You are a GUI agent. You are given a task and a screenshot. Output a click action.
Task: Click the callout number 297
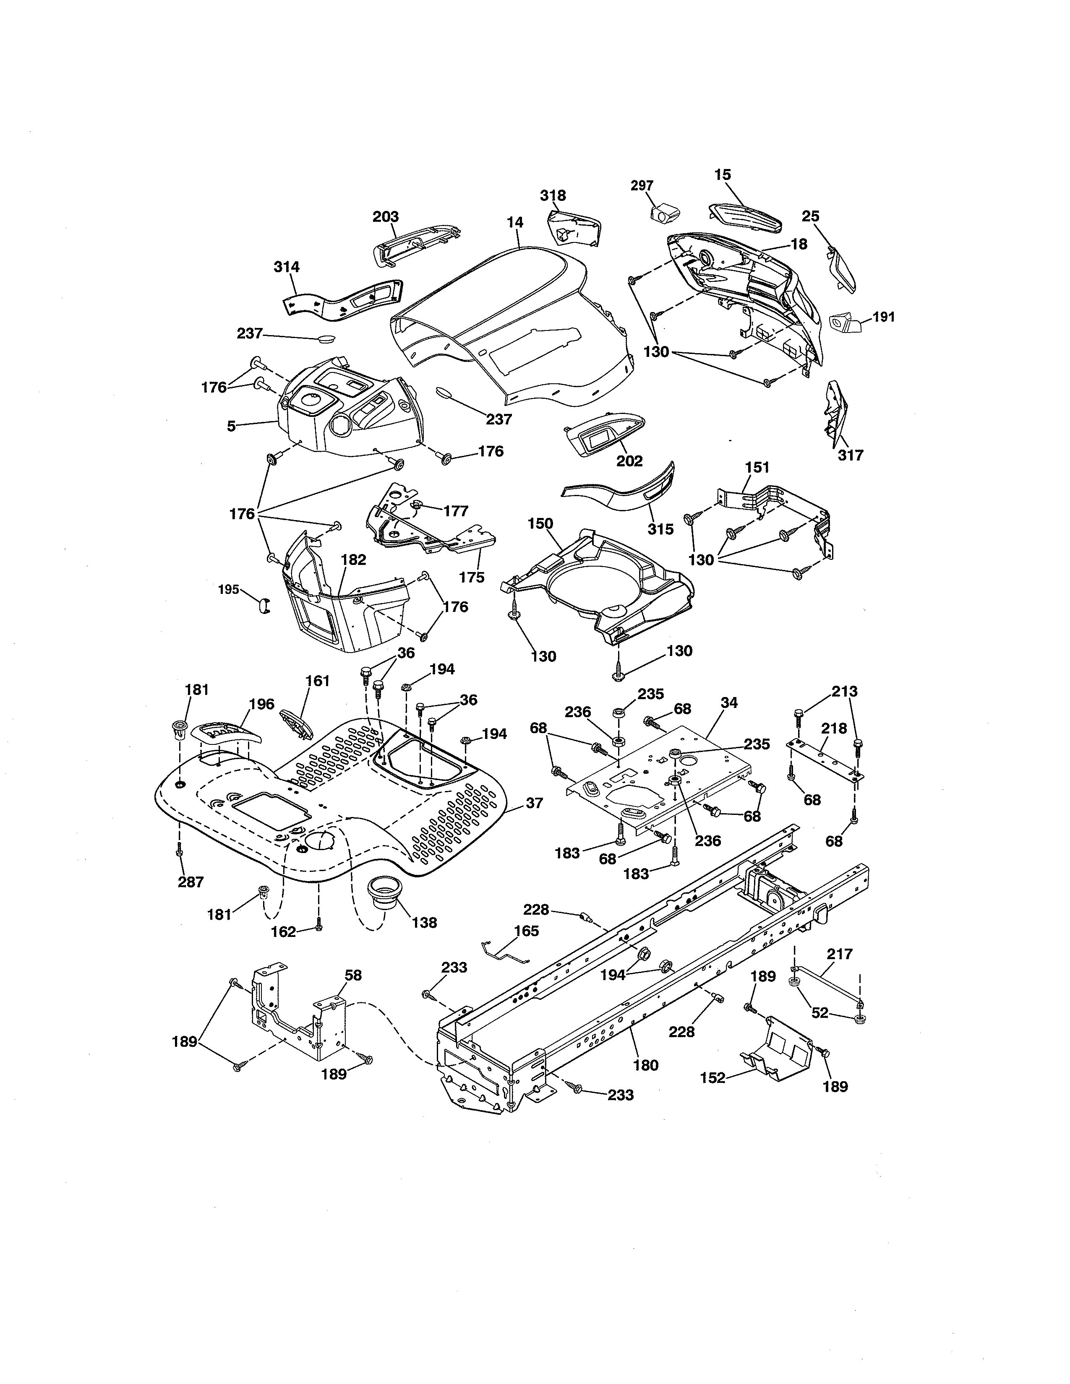click(642, 186)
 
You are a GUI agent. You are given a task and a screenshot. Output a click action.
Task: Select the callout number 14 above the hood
click(515, 222)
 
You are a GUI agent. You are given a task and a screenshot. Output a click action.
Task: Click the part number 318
click(553, 196)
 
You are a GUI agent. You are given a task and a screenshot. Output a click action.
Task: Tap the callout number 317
click(850, 455)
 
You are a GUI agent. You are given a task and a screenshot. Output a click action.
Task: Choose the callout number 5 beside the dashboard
click(231, 427)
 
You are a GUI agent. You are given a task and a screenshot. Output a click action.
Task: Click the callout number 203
click(385, 217)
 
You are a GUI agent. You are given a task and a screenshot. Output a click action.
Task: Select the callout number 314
click(287, 267)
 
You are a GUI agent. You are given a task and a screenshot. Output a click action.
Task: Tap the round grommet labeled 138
click(385, 895)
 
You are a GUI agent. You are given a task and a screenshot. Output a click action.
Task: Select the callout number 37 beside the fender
click(534, 803)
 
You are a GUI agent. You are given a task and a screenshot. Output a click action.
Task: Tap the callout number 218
click(834, 729)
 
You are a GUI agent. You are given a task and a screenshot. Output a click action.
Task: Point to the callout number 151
click(757, 468)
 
